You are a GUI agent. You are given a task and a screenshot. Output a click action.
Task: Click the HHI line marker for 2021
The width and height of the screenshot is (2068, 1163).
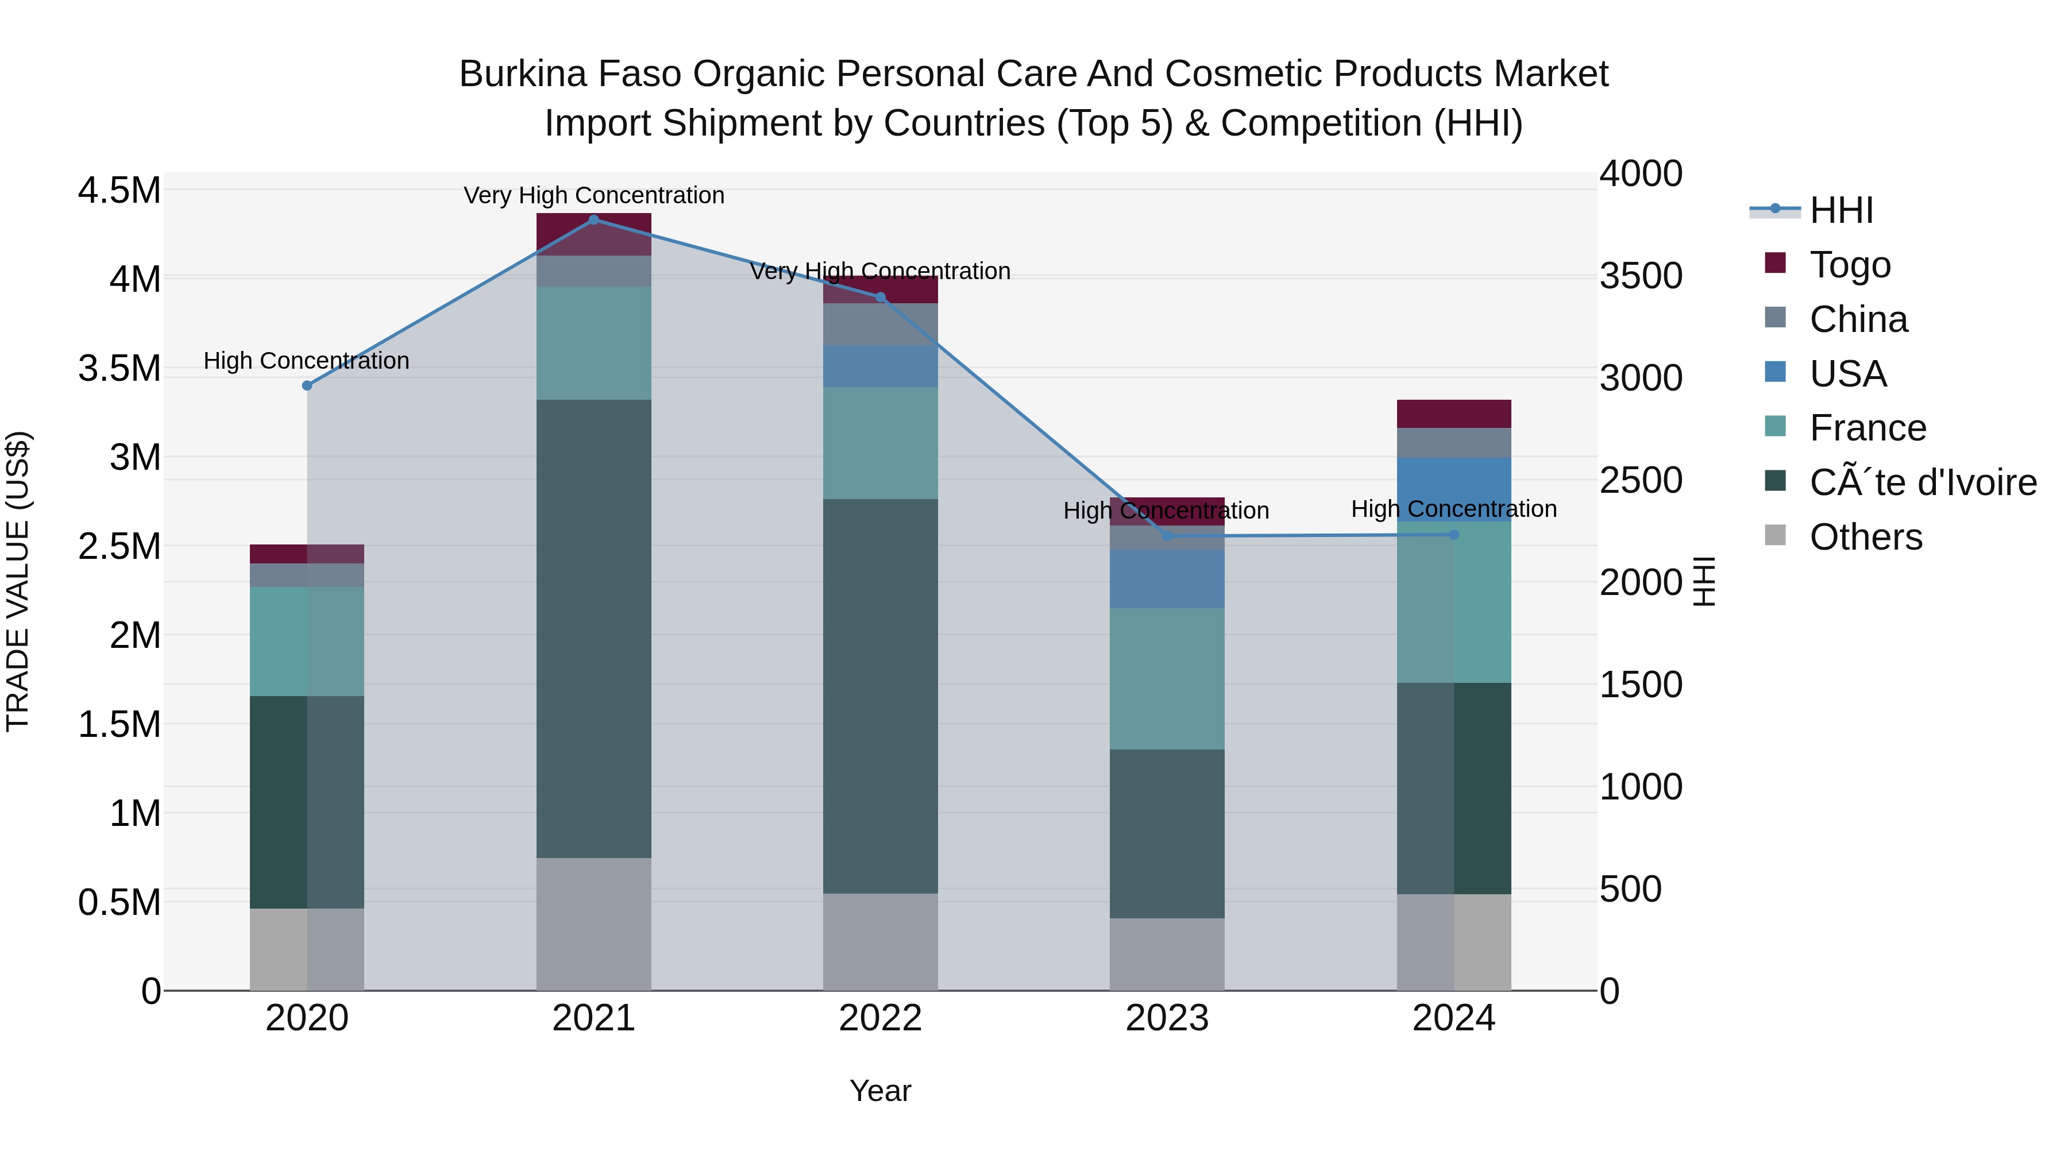click(x=593, y=219)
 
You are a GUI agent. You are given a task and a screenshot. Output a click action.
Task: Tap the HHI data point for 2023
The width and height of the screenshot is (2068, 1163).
click(x=1167, y=535)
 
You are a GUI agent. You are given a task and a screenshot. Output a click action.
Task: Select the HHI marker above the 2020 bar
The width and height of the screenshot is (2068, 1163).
click(x=307, y=385)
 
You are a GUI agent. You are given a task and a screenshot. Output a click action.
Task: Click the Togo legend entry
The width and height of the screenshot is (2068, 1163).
click(x=1850, y=264)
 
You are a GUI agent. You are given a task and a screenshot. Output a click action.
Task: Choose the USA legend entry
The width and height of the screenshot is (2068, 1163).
click(x=1847, y=373)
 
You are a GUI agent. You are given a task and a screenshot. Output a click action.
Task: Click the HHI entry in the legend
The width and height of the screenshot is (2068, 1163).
click(x=1841, y=210)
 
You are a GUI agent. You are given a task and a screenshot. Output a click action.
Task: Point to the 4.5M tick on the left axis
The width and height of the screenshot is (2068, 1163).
click(x=119, y=191)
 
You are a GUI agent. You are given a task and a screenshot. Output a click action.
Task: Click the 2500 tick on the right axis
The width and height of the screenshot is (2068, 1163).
click(x=1640, y=480)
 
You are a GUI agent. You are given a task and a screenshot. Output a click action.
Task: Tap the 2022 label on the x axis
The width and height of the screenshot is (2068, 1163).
click(x=880, y=1018)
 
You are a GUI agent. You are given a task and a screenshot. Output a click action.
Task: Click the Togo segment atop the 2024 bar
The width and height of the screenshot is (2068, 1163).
click(x=1453, y=414)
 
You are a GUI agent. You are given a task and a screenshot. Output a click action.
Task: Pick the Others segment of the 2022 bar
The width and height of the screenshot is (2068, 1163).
click(x=880, y=941)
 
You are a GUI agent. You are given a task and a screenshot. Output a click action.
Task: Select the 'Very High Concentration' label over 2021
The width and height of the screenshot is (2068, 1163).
click(x=593, y=195)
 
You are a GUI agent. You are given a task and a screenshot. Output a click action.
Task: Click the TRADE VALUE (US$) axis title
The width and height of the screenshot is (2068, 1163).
click(x=18, y=581)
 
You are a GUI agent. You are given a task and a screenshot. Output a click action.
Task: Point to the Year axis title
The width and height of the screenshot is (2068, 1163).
click(x=880, y=1091)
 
